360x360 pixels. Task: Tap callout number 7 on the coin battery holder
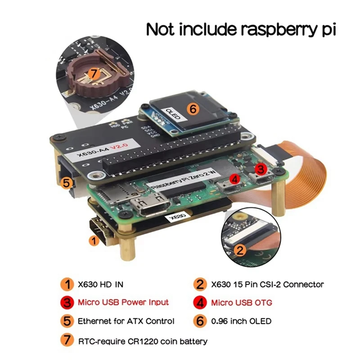[94, 73]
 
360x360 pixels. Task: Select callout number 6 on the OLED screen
[192, 109]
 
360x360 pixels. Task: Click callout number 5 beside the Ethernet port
[66, 183]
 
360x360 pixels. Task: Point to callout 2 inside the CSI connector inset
[240, 250]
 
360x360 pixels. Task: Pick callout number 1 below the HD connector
[94, 241]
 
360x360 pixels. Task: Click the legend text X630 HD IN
[100, 284]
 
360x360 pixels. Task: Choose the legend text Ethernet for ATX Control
[126, 321]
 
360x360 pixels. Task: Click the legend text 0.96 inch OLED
[241, 321]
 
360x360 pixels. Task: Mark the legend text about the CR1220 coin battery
[143, 341]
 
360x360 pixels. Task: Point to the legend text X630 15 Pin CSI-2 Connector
[267, 284]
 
